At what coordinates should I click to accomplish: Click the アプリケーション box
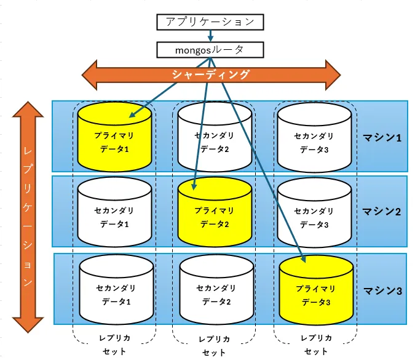(x=210, y=22)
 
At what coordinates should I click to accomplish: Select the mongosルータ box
(x=210, y=49)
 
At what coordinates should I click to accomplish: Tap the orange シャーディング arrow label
(x=211, y=75)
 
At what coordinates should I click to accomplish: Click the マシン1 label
(x=382, y=137)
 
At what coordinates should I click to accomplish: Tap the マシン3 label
(x=382, y=289)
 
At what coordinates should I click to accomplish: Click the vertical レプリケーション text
(x=28, y=215)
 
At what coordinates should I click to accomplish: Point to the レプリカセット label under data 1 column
(x=114, y=345)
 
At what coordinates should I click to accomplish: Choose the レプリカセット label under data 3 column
(x=316, y=345)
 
